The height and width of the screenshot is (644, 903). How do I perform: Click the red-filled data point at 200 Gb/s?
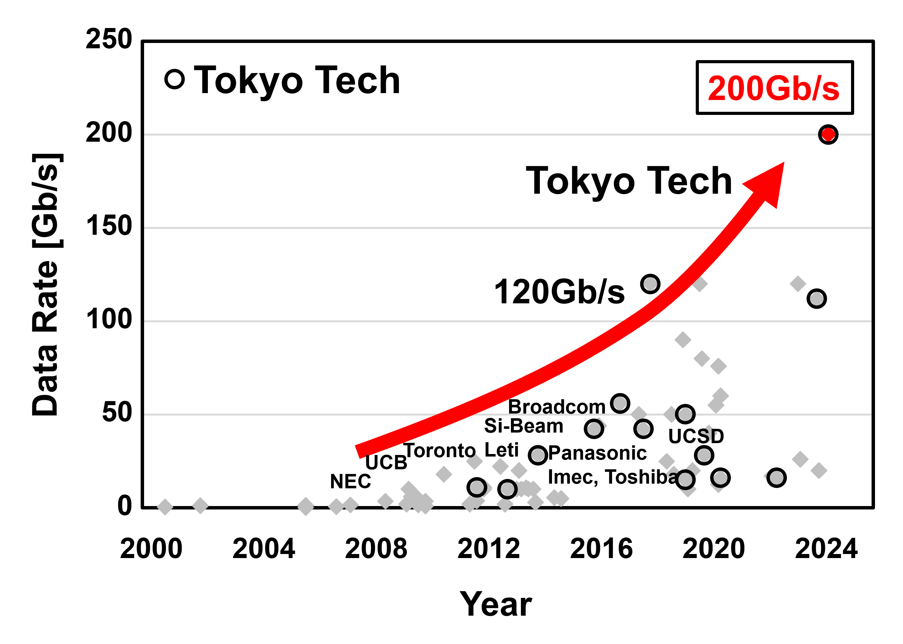828,135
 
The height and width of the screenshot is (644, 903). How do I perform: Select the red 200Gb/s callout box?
774,88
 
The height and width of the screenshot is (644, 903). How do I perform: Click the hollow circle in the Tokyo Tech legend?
174,79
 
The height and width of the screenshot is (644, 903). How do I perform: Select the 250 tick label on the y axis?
109,39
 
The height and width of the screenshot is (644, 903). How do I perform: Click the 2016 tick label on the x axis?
601,549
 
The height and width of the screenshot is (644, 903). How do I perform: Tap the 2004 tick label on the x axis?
264,549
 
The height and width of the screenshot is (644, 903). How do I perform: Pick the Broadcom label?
556,407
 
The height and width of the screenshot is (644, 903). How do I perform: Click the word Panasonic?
597,453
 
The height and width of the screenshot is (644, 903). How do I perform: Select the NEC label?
350,482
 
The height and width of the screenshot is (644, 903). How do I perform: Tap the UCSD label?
696,436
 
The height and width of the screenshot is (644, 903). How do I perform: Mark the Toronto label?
439,451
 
